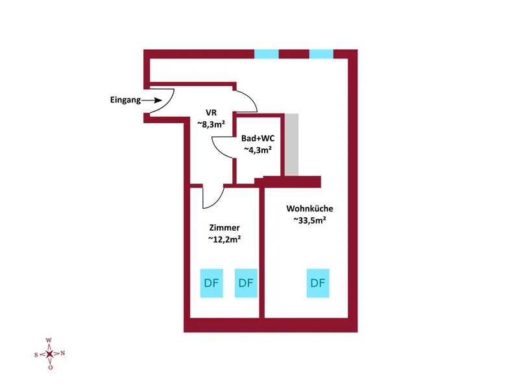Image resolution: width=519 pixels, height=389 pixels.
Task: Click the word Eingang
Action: (124, 100)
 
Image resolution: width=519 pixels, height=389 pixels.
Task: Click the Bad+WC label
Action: (257, 139)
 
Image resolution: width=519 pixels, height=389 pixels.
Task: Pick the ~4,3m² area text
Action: (258, 150)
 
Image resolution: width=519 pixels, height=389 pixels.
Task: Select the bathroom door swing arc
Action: (221, 150)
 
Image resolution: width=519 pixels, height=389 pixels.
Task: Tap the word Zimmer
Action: (224, 228)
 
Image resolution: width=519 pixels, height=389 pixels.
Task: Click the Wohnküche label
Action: (309, 209)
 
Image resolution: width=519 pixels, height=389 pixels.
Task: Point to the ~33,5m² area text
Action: (309, 220)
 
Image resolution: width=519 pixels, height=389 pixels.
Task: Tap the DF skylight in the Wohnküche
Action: (317, 283)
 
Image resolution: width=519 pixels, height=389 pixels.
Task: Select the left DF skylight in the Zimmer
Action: (211, 283)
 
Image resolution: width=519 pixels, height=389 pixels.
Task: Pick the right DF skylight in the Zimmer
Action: (245, 283)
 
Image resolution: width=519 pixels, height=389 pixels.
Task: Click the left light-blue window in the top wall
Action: (266, 54)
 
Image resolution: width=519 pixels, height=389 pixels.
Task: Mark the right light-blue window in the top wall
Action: (321, 54)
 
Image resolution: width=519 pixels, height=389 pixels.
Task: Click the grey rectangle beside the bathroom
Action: (292, 144)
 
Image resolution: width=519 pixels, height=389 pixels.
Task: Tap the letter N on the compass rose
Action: (63, 353)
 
